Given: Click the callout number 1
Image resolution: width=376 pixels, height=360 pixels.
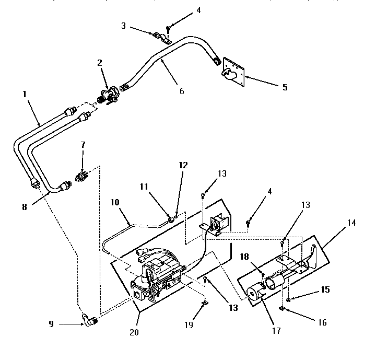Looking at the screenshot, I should pos(25,95).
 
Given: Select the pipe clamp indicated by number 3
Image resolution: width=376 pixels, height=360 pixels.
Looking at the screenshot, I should pos(161,37).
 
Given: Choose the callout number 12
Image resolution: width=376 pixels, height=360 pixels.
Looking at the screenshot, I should pos(183,165).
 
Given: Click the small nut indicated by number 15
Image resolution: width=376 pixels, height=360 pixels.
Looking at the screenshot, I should pos(288,298).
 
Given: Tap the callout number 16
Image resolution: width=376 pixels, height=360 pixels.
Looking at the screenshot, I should pos(322,323).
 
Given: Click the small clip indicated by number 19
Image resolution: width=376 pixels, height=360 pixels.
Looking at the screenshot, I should pos(204,301).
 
